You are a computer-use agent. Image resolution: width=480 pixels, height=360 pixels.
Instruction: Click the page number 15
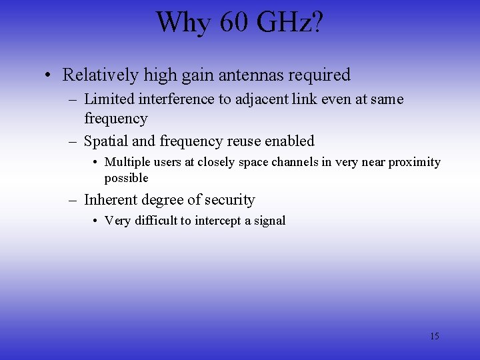point(434,336)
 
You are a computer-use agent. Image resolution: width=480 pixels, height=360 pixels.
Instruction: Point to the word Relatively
point(100,75)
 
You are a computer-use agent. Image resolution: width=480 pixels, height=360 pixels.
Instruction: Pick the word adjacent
point(251,99)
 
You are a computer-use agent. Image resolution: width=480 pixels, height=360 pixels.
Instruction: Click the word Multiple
point(128,162)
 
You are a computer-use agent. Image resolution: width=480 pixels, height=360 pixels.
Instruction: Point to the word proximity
point(414,162)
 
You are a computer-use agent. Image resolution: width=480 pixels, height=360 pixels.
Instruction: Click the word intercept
point(221,221)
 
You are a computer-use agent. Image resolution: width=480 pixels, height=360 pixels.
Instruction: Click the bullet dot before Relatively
point(49,75)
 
